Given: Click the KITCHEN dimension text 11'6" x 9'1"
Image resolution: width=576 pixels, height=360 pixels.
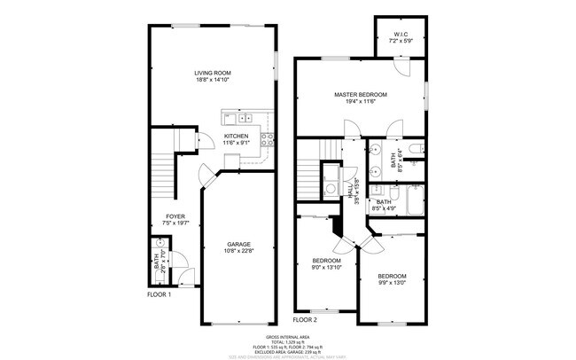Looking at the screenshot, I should click(236, 143).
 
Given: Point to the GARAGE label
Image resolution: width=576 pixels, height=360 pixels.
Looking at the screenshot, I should click(238, 244).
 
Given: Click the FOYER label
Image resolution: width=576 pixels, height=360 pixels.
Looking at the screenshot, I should click(175, 216).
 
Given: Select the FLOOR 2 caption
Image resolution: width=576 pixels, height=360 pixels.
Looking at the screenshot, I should click(305, 318).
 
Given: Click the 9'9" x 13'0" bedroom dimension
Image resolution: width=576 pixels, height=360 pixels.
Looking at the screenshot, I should click(392, 283).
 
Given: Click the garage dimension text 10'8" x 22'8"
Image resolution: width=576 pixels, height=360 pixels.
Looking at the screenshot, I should click(238, 251).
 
